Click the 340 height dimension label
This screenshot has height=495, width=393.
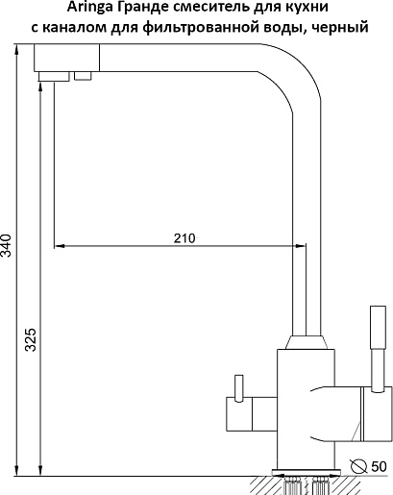6,245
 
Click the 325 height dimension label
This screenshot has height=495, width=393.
31,339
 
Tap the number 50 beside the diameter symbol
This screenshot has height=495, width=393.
379,467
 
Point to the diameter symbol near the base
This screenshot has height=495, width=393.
358,467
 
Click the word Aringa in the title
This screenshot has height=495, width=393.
89,8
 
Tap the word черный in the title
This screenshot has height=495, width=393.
340,28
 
